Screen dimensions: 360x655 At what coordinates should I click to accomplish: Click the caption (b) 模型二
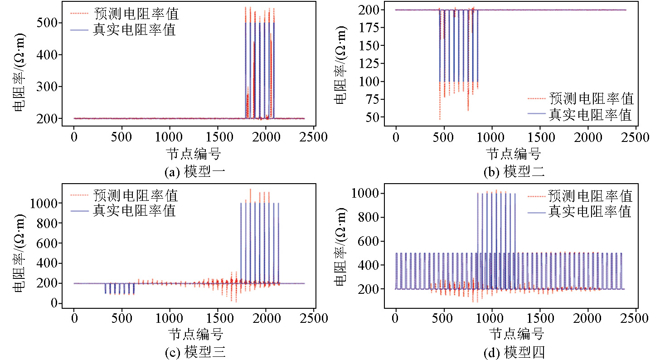coord(516,172)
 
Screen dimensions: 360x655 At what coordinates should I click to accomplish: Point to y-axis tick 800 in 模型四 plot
coord(369,217)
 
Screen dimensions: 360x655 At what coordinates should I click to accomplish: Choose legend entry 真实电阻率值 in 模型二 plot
coord(590,115)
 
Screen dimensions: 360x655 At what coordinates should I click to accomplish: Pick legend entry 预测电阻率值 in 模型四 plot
coord(590,196)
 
